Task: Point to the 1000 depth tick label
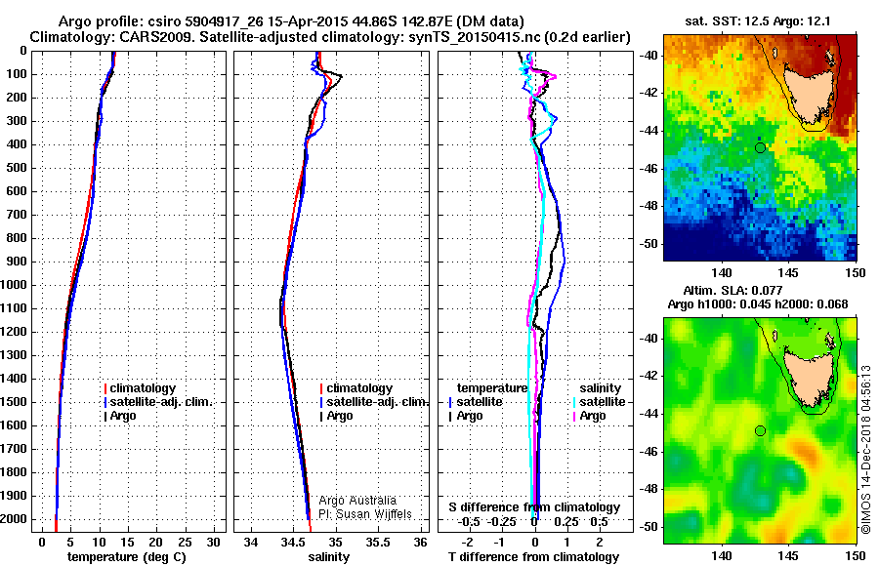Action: [18, 285]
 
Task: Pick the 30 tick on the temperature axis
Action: [215, 542]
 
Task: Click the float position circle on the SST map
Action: [760, 147]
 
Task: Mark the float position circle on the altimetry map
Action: [760, 430]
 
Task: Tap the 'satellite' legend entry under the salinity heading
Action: [604, 402]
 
